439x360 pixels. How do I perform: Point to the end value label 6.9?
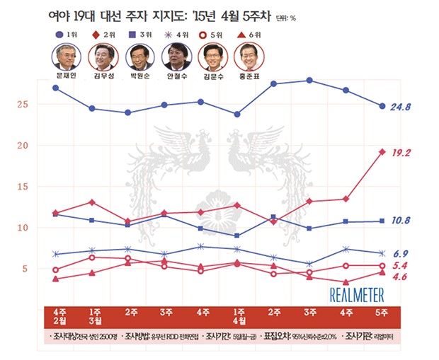(x=401, y=253)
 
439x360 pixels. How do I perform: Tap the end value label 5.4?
(x=401, y=265)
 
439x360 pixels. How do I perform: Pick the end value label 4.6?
(x=401, y=277)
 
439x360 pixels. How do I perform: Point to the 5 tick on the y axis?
(x=25, y=269)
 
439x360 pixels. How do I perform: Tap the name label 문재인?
(x=65, y=74)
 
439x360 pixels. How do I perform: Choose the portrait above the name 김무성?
(x=102, y=55)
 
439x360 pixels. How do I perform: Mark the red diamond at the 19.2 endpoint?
(x=382, y=151)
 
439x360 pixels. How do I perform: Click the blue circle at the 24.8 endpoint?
(x=382, y=107)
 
